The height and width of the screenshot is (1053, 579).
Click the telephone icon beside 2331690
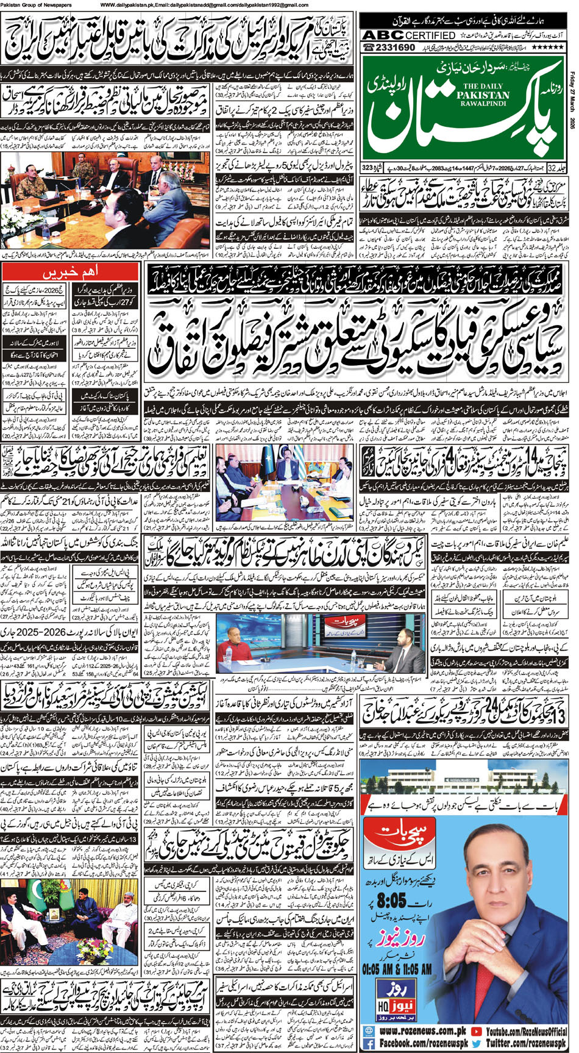point(369,48)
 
